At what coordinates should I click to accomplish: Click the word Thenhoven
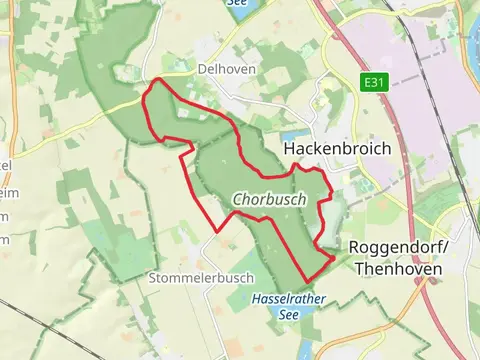[x=389, y=267]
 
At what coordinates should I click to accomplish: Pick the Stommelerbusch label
[x=187, y=277]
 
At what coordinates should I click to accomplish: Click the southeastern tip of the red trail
[x=333, y=258]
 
